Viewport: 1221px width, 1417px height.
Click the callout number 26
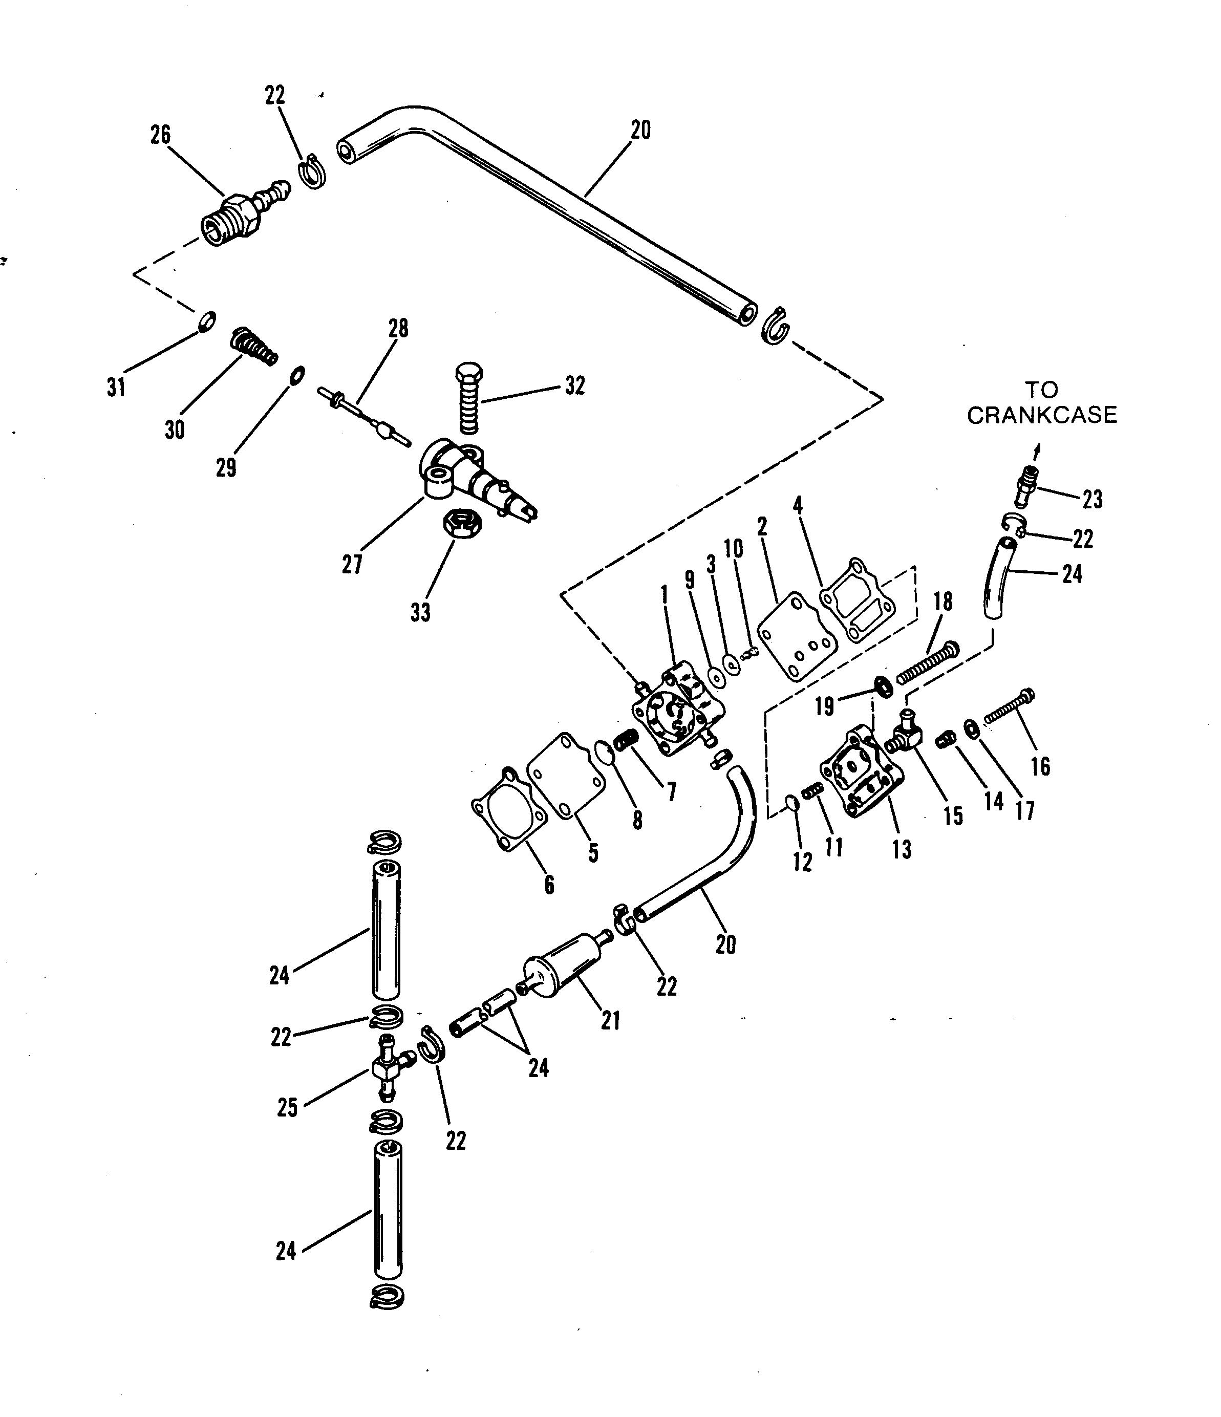(x=160, y=136)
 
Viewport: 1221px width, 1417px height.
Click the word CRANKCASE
(x=1041, y=415)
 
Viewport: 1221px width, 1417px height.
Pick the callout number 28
(x=398, y=329)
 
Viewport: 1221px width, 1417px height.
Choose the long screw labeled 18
(x=928, y=662)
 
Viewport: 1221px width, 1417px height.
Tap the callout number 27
(x=352, y=564)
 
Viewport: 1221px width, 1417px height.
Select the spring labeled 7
(x=627, y=739)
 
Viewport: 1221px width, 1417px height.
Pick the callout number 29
(x=226, y=468)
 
